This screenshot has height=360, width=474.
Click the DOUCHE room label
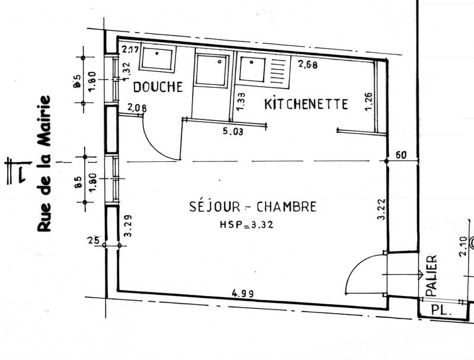pyautogui.click(x=158, y=87)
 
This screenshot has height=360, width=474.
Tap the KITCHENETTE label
pyautogui.click(x=306, y=104)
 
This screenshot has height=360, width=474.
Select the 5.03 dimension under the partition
pyautogui.click(x=232, y=132)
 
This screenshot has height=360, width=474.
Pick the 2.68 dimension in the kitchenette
pyautogui.click(x=308, y=65)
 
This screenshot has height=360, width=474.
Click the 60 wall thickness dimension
pyautogui.click(x=401, y=155)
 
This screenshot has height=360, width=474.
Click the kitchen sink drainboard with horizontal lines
pyautogui.click(x=278, y=71)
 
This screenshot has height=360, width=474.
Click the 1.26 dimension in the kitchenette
pyautogui.click(x=369, y=101)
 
